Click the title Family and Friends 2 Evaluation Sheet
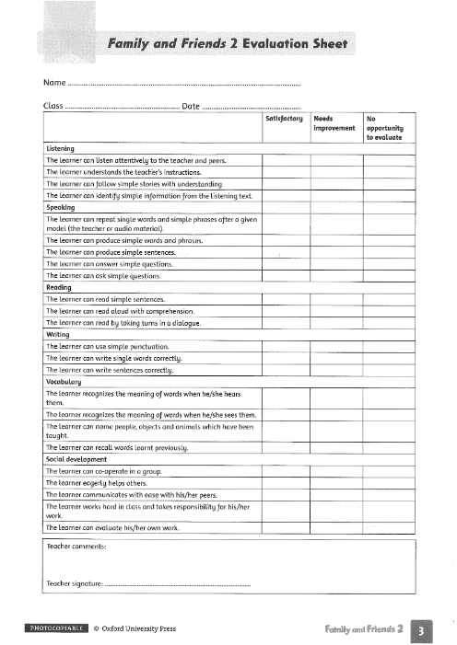pyautogui.click(x=232, y=43)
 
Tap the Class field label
pyautogui.click(x=53, y=107)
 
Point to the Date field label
pyautogui.click(x=192, y=107)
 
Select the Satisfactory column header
pyautogui.click(x=284, y=119)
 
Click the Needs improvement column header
pyautogui.click(x=334, y=123)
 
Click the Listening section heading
pyautogui.click(x=60, y=148)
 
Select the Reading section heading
pyautogui.click(x=59, y=288)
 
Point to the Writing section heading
pyautogui.click(x=58, y=335)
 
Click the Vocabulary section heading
pyautogui.click(x=64, y=381)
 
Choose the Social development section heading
pyautogui.click(x=76, y=458)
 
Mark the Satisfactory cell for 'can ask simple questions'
pyautogui.click(x=284, y=275)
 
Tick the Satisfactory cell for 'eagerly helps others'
pyautogui.click(x=284, y=481)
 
